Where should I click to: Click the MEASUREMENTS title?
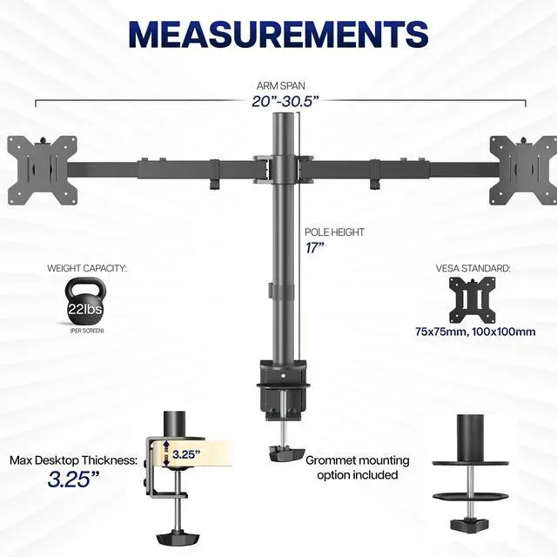click(x=278, y=34)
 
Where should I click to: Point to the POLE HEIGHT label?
click(x=334, y=232)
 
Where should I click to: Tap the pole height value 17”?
click(x=315, y=248)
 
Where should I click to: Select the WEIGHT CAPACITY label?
click(x=87, y=269)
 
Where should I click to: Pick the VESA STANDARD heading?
click(x=473, y=269)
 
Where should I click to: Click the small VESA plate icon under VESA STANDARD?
click(x=473, y=300)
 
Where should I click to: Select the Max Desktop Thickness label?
click(x=74, y=460)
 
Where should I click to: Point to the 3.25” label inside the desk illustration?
click(x=185, y=453)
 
